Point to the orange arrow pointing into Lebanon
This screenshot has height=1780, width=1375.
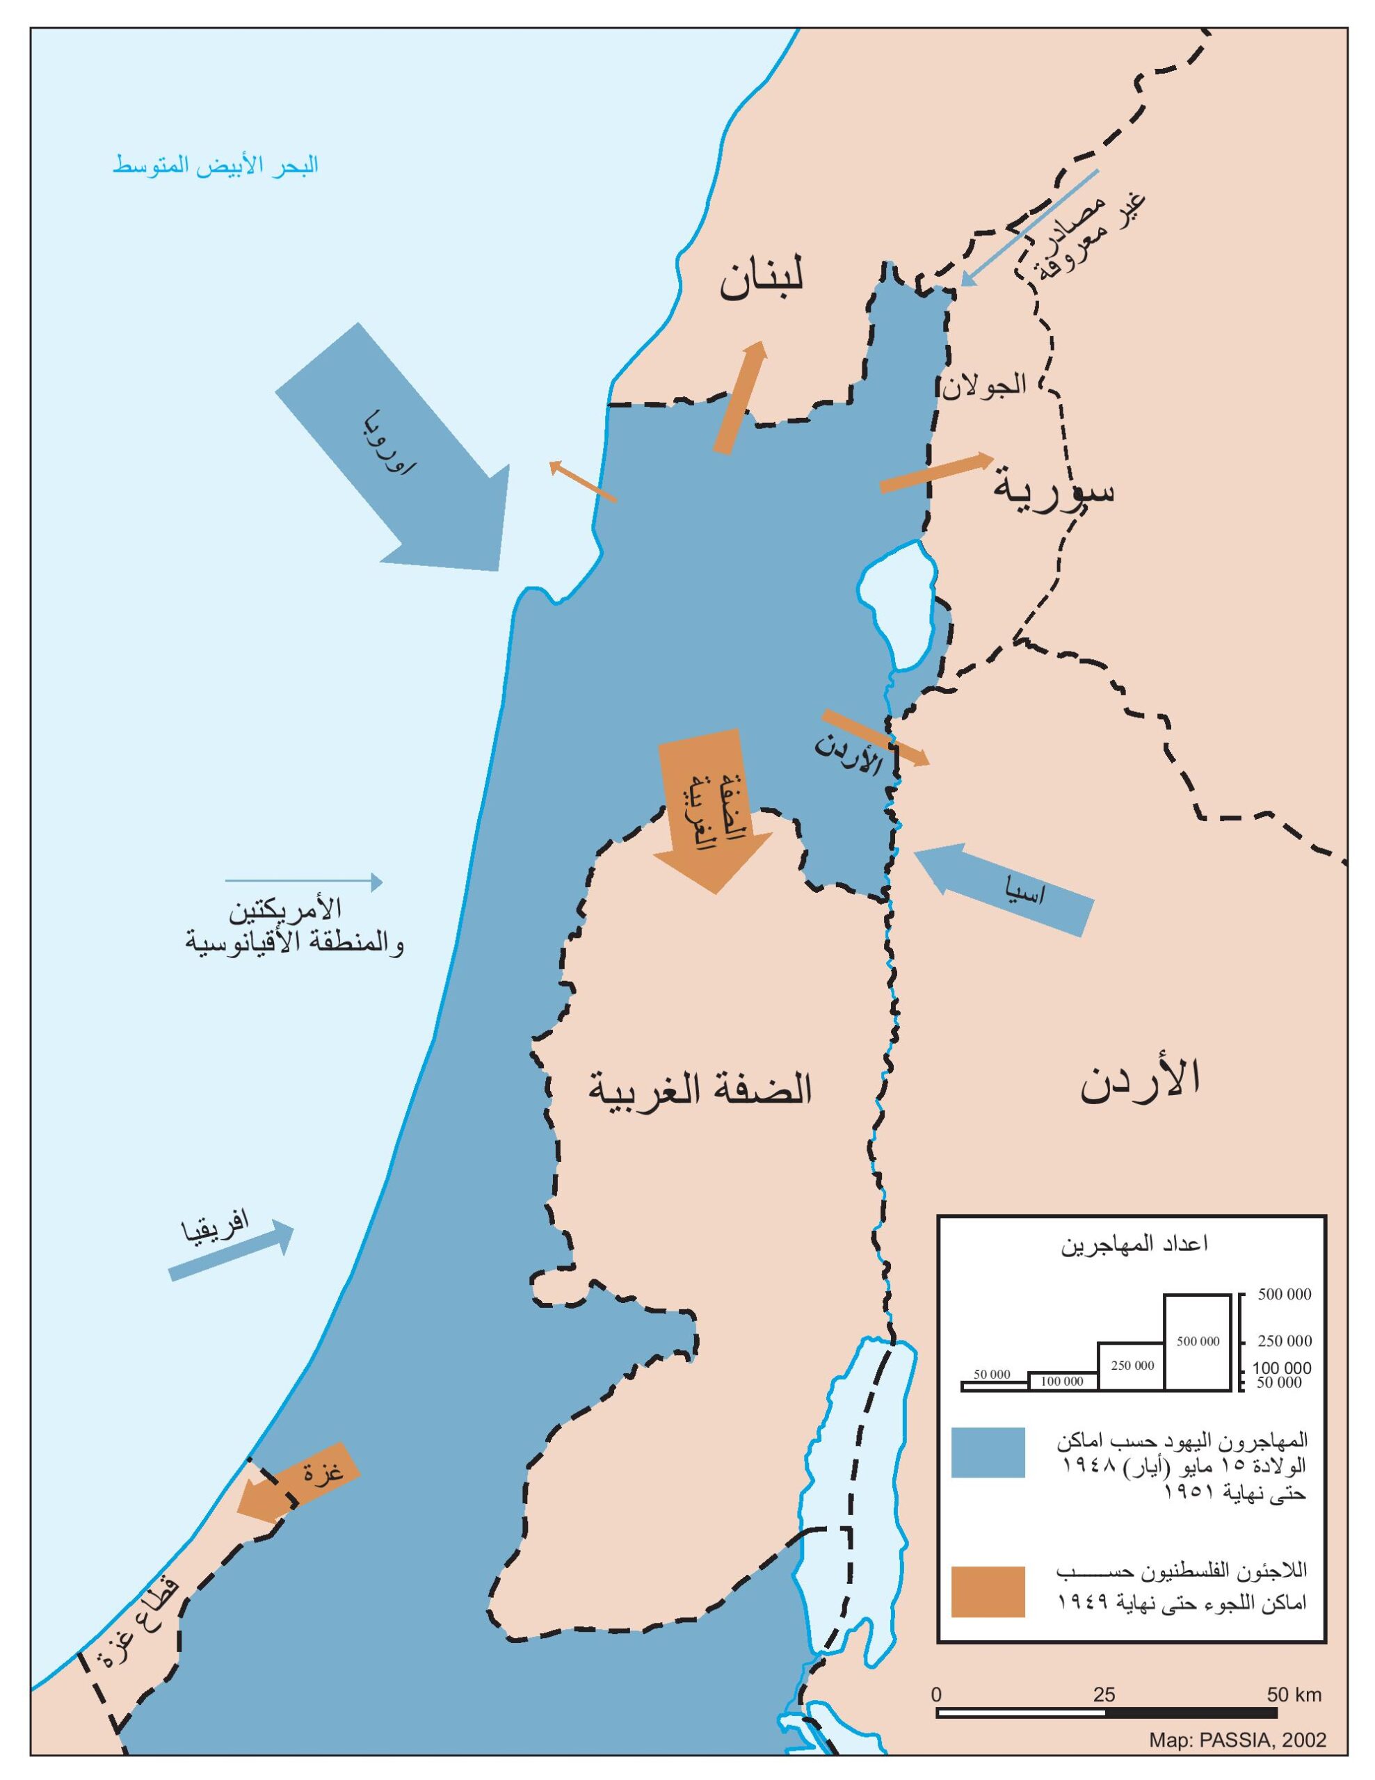tap(740, 397)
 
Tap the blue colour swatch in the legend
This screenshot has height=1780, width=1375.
tap(987, 1453)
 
